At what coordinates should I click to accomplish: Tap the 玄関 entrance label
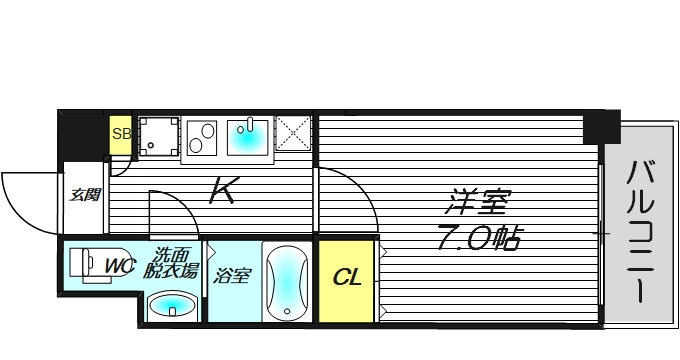84,194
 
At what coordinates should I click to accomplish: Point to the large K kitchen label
222,191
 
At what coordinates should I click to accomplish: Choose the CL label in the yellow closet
347,275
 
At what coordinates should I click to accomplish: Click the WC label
120,266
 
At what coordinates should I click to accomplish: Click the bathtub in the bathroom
287,282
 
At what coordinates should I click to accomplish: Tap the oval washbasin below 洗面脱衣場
171,305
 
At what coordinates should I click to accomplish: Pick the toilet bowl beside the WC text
88,263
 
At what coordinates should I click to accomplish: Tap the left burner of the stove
197,133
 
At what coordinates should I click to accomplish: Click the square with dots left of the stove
157,137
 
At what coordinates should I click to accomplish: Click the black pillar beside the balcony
602,126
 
